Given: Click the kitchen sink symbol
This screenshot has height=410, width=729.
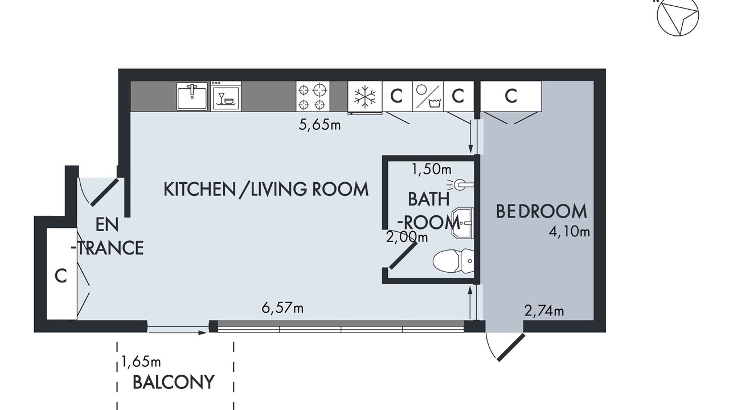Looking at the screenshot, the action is [x=192, y=96].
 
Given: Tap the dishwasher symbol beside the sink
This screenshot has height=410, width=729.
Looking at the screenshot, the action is [x=226, y=96].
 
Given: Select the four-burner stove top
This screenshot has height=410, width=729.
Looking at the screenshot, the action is [x=313, y=96].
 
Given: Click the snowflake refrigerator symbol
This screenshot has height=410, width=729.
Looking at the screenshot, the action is [x=365, y=97].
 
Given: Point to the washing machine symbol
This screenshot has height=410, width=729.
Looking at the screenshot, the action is [x=428, y=96].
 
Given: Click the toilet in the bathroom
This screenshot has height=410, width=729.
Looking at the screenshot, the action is [x=453, y=261].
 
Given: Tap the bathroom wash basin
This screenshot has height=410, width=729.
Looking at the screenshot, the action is [x=462, y=223].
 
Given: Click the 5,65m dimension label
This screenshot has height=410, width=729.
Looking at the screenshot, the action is [x=320, y=125].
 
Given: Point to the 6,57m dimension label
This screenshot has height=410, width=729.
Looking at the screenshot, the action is [x=282, y=308].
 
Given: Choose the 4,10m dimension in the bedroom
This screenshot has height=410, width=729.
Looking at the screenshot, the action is [x=569, y=232].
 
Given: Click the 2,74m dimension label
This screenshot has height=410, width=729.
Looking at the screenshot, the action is [x=544, y=311].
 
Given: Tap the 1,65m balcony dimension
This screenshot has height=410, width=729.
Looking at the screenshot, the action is [x=141, y=362].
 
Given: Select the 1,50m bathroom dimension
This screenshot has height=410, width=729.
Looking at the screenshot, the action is [x=432, y=169].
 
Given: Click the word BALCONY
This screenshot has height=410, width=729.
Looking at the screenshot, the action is [x=174, y=382].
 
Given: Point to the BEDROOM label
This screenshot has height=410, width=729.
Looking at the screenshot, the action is [x=542, y=211].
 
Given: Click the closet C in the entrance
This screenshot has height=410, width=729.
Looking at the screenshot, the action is [x=61, y=276].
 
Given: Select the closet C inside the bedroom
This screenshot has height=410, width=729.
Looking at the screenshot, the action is [x=511, y=96].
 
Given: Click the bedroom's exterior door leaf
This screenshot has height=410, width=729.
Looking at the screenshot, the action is [x=511, y=347].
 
